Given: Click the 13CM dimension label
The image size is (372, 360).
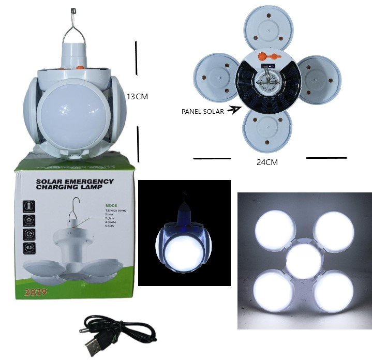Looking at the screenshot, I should tap(137, 96).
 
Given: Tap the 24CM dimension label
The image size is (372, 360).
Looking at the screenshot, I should tap(268, 162).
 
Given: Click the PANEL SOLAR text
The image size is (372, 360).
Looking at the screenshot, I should tap(202, 111).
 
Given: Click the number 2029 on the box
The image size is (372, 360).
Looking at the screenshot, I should tap(35, 293).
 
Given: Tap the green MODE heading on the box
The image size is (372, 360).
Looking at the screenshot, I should tap(111, 205).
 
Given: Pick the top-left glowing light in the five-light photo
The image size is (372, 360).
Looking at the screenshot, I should tap(273, 227).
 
